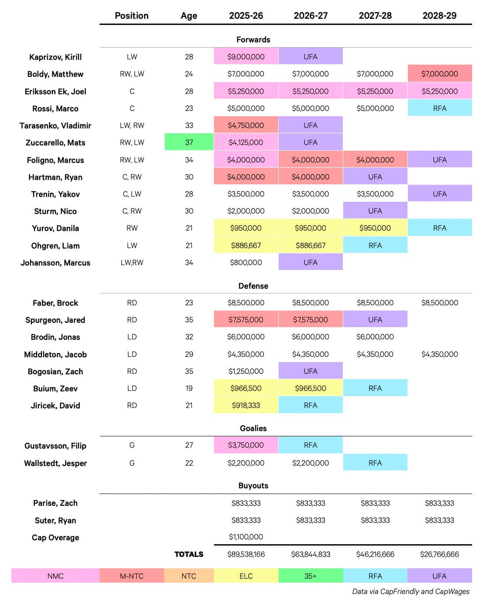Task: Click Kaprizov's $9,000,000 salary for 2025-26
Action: pyautogui.click(x=246, y=57)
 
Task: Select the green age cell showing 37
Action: pyautogui.click(x=189, y=142)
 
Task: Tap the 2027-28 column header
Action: pyautogui.click(x=375, y=16)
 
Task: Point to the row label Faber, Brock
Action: pyautogui.click(x=55, y=303)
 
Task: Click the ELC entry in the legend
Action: pyautogui.click(x=246, y=576)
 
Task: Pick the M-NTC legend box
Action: pyautogui.click(x=131, y=576)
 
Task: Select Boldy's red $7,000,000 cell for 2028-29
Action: pyautogui.click(x=439, y=74)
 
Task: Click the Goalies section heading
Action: pyautogui.click(x=253, y=428)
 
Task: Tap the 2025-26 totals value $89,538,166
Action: pyautogui.click(x=246, y=554)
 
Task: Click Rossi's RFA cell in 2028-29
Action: pyautogui.click(x=439, y=108)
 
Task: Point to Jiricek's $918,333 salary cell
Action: pyautogui.click(x=246, y=405)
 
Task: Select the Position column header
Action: pyautogui.click(x=131, y=16)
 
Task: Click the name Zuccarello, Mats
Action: pyautogui.click(x=55, y=143)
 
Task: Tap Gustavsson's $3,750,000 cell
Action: pyautogui.click(x=246, y=445)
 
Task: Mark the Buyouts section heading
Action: pyautogui.click(x=253, y=486)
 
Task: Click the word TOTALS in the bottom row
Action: pyautogui.click(x=189, y=554)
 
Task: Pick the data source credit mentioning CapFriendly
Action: pyautogui.click(x=411, y=591)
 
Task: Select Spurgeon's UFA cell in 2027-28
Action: pyautogui.click(x=375, y=320)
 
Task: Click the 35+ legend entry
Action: pyautogui.click(x=310, y=576)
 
